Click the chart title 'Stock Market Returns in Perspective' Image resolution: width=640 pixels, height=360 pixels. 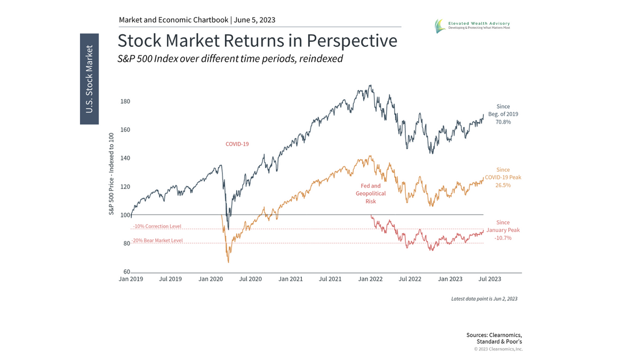click(257, 41)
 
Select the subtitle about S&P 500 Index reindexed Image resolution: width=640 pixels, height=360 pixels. click(230, 59)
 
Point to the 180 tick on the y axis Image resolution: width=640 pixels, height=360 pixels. click(125, 101)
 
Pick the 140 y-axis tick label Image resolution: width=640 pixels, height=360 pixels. click(125, 158)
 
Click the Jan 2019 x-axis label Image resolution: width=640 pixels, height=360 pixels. click(130, 279)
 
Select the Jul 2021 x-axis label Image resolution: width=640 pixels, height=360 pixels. click(331, 279)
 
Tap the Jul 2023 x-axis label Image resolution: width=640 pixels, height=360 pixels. click(490, 279)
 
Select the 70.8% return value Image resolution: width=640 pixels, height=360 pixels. click(503, 122)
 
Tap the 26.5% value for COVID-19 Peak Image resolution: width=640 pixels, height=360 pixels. click(503, 186)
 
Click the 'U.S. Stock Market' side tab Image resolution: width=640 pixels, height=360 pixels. click(90, 79)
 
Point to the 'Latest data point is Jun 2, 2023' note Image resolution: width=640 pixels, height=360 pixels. click(484, 299)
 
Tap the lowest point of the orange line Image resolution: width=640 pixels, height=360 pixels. click(228, 262)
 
